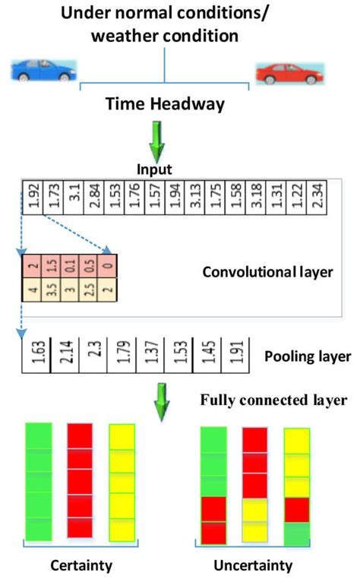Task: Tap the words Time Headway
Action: point(165,104)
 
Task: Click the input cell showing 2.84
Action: point(92,201)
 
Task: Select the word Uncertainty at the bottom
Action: point(253,566)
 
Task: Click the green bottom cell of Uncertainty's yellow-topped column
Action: point(297,533)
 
